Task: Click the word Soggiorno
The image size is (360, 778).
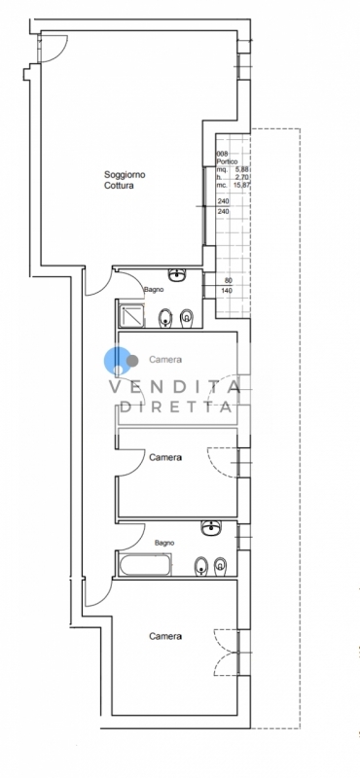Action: pyautogui.click(x=125, y=175)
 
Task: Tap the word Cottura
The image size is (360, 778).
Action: pyautogui.click(x=119, y=186)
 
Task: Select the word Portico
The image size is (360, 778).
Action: pyautogui.click(x=227, y=161)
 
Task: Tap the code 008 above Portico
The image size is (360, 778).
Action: pyautogui.click(x=222, y=155)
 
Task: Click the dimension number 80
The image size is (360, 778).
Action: pyautogui.click(x=228, y=280)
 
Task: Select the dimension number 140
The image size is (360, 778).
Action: pyautogui.click(x=227, y=290)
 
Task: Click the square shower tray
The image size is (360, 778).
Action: pyautogui.click(x=131, y=315)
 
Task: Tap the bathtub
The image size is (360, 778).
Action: pyautogui.click(x=145, y=565)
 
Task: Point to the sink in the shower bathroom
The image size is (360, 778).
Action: pyautogui.click(x=177, y=274)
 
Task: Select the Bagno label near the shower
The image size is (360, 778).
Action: pyautogui.click(x=154, y=289)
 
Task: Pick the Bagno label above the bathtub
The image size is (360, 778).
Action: pyautogui.click(x=164, y=544)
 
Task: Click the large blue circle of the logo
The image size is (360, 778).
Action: pyautogui.click(x=116, y=360)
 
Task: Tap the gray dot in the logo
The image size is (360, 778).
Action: pyautogui.click(x=132, y=361)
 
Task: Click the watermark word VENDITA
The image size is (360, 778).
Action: pyautogui.click(x=175, y=386)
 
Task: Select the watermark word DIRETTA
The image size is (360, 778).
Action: pyautogui.click(x=177, y=407)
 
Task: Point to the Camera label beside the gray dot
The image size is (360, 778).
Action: pyautogui.click(x=165, y=360)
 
